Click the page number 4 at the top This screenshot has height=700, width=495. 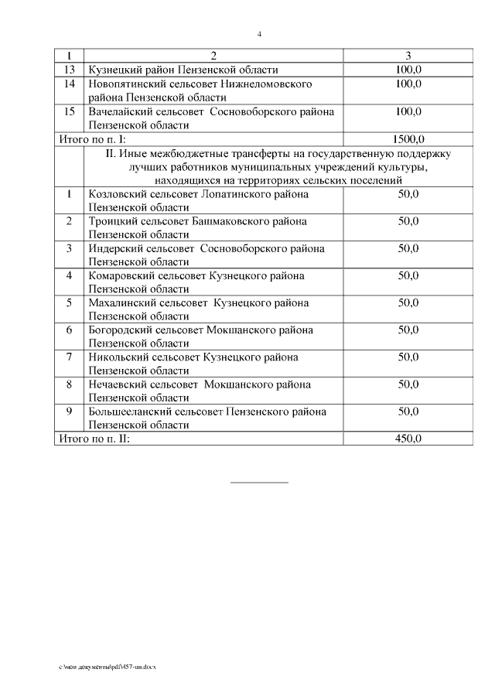[259, 34]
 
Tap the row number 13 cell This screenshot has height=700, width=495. [70, 70]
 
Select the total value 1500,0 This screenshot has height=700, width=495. [408, 139]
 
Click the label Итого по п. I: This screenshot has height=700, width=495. [92, 139]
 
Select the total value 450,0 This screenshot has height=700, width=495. [408, 439]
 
